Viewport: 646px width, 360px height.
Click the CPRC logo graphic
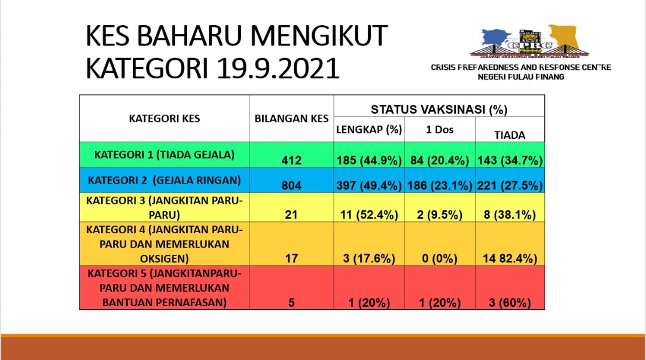point(530,41)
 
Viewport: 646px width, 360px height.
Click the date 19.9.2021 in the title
point(278,68)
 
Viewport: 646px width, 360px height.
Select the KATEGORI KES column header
point(164,118)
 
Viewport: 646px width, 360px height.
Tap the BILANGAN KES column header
point(291,118)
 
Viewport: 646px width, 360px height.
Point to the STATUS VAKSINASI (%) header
point(439,109)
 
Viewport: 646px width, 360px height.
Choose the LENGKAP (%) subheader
point(369,130)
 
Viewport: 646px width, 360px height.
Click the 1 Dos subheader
point(440,130)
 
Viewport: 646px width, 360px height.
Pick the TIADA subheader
point(510,135)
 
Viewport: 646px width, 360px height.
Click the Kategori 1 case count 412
point(291,160)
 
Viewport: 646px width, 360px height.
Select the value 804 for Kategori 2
point(291,185)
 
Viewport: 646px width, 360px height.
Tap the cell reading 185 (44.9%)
point(369,160)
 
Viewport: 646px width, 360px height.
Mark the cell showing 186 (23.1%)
point(440,185)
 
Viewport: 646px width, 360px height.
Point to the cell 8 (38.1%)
point(510,215)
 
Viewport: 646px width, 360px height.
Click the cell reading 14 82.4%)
point(510,258)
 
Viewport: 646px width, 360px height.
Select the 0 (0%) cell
point(440,258)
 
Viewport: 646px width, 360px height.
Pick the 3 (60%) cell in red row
point(510,303)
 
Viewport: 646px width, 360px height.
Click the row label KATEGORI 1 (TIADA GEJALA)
point(164,155)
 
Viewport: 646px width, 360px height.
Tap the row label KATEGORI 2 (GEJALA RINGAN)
point(164,181)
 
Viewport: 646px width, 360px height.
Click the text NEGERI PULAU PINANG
point(521,77)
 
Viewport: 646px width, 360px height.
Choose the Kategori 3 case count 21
point(291,215)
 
